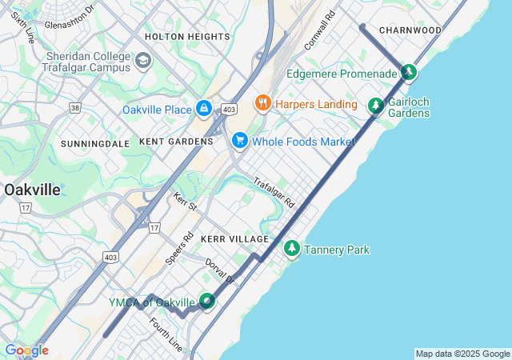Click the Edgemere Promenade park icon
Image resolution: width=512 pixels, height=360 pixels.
coord(409,73)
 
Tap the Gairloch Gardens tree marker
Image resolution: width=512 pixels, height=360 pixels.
coord(375,105)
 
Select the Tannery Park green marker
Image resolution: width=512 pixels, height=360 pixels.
coord(292,250)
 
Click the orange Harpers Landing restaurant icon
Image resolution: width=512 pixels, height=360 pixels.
coord(262,103)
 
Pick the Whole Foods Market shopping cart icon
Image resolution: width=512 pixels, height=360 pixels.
coord(239,141)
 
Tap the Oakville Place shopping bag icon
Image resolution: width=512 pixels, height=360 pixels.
coord(204,108)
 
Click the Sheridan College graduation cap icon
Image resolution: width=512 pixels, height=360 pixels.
coord(142,61)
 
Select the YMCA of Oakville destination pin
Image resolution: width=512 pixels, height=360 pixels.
coord(207,302)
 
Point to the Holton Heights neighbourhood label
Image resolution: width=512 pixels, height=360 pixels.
coord(187,37)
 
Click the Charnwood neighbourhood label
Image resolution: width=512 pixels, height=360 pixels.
coord(410,30)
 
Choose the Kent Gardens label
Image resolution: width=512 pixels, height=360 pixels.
coord(176,142)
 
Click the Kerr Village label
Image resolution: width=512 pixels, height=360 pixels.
coord(235,239)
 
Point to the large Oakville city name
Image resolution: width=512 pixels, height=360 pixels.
coord(33,190)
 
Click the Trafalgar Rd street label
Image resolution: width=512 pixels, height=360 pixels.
coord(274,193)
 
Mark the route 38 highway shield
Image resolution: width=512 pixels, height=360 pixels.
coord(75,106)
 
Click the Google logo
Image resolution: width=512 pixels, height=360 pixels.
coord(26,350)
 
